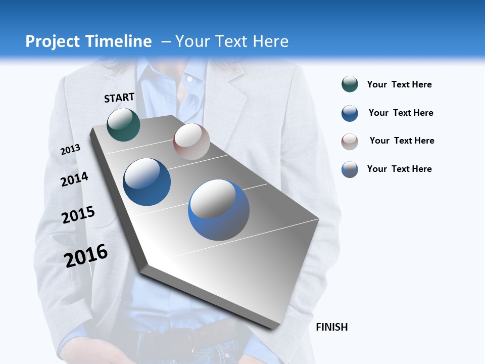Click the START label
[x=119, y=98]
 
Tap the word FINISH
[x=331, y=327]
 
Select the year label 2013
[x=70, y=150]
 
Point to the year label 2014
[x=74, y=179]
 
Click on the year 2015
[x=78, y=215]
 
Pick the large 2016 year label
[x=86, y=256]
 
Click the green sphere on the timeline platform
[x=123, y=124]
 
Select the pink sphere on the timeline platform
[x=191, y=142]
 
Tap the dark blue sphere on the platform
[x=147, y=182]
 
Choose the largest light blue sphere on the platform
[x=219, y=210]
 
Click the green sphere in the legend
[x=350, y=84]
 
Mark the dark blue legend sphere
[x=350, y=113]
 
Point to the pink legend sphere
[x=350, y=142]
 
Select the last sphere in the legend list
[x=350, y=169]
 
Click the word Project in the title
[x=53, y=41]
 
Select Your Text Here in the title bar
[x=231, y=41]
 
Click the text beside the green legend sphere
[x=399, y=84]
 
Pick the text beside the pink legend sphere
[x=402, y=141]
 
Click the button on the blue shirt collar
[x=189, y=79]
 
